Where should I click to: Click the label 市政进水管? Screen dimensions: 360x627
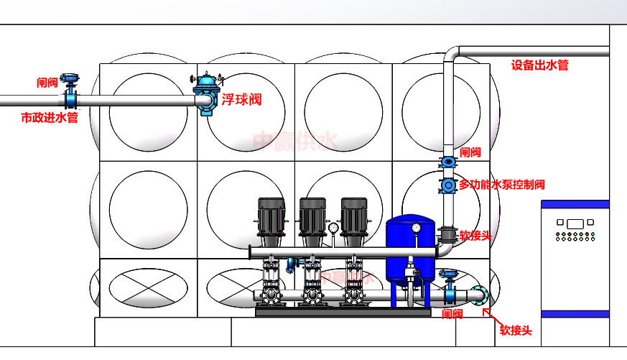[49, 117]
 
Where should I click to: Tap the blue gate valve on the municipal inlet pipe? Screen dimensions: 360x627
[70, 93]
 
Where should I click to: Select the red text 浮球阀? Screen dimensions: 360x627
[241, 100]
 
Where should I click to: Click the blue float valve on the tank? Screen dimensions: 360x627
[205, 92]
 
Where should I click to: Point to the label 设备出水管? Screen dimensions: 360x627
[539, 65]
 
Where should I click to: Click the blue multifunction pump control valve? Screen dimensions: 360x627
[449, 185]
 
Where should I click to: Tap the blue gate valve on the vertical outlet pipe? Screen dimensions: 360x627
[449, 162]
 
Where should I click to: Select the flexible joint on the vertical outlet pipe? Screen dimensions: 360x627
[449, 234]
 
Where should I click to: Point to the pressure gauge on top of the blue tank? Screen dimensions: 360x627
[416, 228]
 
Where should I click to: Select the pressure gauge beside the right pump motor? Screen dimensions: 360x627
[333, 229]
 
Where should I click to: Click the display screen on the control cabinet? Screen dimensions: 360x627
[574, 223]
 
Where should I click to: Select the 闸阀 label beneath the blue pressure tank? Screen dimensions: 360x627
[452, 314]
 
